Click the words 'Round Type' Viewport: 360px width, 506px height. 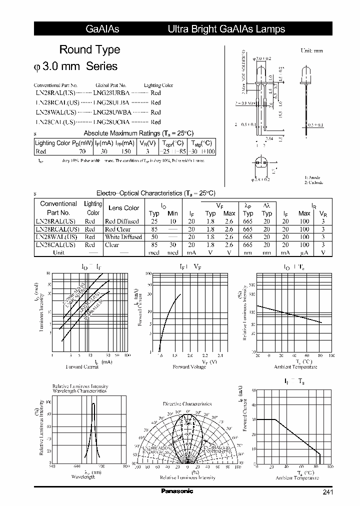click(x=89, y=49)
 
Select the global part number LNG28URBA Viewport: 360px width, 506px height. click(x=111, y=93)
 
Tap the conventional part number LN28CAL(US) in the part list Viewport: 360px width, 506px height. click(x=55, y=122)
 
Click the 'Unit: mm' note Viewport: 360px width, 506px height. click(x=312, y=51)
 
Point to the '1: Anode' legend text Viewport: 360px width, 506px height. click(x=312, y=177)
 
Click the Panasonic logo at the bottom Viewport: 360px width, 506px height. click(x=177, y=491)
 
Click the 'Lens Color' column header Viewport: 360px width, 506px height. click(x=123, y=208)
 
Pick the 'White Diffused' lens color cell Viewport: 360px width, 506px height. click(x=123, y=237)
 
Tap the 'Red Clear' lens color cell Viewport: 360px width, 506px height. click(x=118, y=229)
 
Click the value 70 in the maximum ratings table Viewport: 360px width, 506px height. click(x=82, y=151)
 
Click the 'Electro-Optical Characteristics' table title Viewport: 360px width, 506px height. click(x=155, y=193)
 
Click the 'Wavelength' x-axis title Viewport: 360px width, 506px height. click(x=82, y=477)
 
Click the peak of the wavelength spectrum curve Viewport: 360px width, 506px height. click(x=93, y=403)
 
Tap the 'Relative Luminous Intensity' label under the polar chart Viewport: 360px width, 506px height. click(x=187, y=477)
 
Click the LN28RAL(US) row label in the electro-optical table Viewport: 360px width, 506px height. click(x=55, y=221)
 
